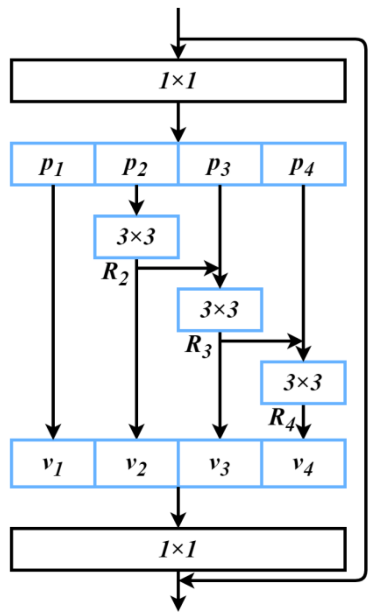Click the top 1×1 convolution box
(x=178, y=81)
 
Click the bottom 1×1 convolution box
(x=178, y=549)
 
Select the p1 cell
(x=53, y=164)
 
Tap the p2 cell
(x=136, y=164)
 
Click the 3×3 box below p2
(x=136, y=237)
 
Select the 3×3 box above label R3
(x=220, y=310)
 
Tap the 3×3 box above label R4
(x=303, y=383)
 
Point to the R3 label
(x=199, y=347)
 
